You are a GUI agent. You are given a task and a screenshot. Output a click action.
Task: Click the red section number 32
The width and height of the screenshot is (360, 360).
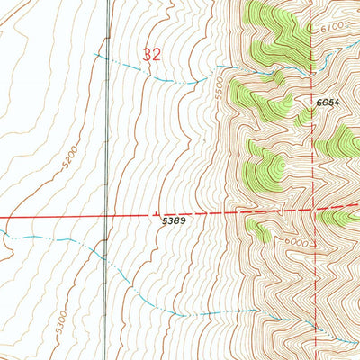tap(151, 55)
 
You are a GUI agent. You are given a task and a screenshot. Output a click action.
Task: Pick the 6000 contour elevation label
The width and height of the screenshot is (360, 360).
tap(299, 244)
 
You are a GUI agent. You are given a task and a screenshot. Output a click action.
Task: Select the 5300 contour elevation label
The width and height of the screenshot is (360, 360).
tap(55, 317)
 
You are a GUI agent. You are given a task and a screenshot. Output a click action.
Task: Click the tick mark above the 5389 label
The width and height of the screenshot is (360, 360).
tap(159, 207)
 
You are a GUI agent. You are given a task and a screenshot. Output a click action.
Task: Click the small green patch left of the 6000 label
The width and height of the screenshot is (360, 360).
tap(258, 230)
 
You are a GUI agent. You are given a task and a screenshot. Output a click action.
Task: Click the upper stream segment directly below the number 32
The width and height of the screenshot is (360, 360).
tap(151, 76)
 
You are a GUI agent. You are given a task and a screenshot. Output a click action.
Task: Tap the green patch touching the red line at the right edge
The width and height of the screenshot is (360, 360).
tap(342, 216)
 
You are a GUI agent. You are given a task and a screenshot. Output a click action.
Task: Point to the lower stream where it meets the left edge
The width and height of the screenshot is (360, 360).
tap(2, 236)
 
